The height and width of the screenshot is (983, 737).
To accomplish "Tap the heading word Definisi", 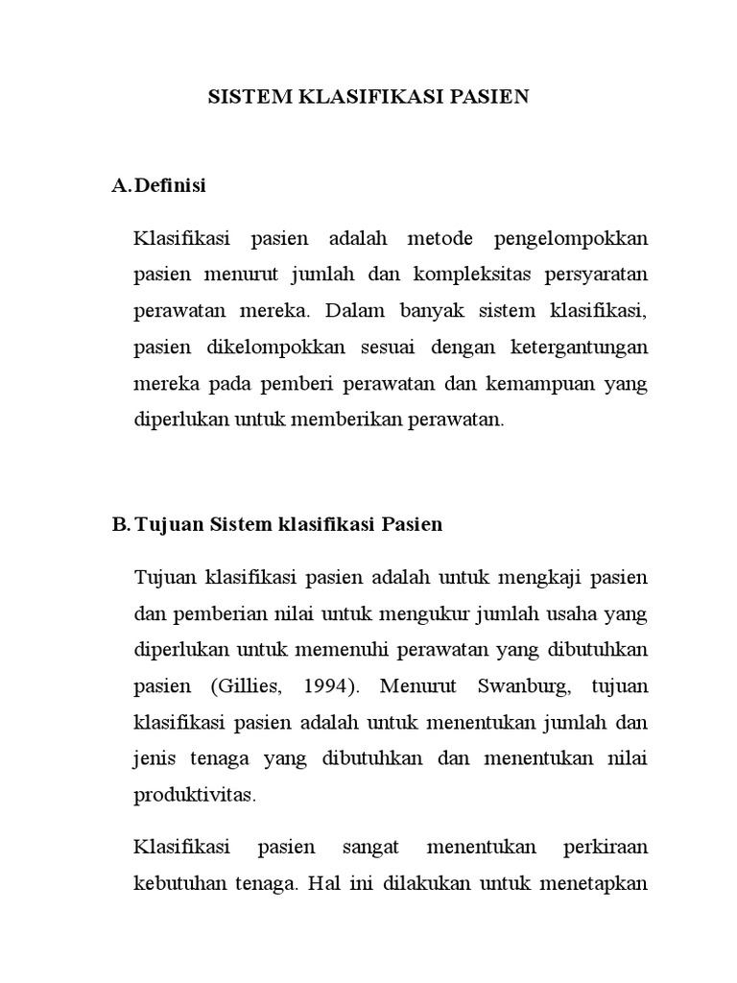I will [171, 185].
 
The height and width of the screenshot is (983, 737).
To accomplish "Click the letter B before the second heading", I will [120, 524].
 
